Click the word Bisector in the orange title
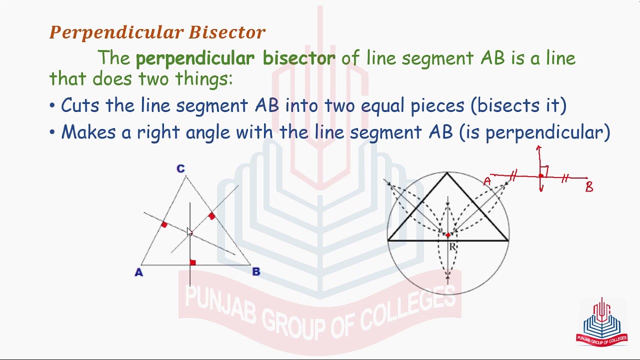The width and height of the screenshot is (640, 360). point(227,32)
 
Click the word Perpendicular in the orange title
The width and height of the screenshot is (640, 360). point(116,33)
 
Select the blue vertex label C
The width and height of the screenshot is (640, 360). point(180,168)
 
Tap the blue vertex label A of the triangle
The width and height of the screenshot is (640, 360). point(138,272)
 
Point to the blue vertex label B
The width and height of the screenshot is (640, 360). point(256,271)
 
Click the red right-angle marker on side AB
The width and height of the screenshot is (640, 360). point(193,262)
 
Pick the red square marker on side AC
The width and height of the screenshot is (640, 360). point(164,224)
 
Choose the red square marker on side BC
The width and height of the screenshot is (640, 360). point(211,215)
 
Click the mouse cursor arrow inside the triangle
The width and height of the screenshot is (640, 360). point(189,231)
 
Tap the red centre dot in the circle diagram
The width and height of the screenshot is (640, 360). point(448,235)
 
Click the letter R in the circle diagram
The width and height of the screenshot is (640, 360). point(452,246)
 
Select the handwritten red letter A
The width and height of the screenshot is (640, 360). point(487,181)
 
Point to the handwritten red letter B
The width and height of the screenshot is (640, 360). point(589,187)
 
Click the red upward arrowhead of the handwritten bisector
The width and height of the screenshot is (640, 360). point(538,147)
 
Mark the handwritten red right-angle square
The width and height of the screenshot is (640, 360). point(544,171)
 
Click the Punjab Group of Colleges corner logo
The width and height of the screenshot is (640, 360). point(601,322)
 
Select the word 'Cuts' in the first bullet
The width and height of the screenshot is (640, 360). point(80,105)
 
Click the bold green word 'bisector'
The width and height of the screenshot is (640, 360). point(299,58)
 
